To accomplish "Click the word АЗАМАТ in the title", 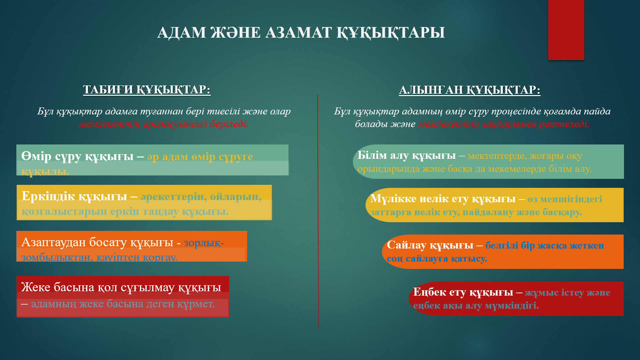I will point(298,33).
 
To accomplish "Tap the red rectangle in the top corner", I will point(566,30).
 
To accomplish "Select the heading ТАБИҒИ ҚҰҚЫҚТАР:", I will point(147,89).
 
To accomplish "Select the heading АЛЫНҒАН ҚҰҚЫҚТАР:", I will point(470,90).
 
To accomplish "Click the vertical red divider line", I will point(318,210).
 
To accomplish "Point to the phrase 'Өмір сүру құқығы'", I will point(77,156).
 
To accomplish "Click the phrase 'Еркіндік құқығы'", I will point(74,196).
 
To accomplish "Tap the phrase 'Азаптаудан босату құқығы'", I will point(97,242).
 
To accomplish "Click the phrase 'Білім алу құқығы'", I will point(406,155).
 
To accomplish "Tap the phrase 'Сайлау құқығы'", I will point(430,245).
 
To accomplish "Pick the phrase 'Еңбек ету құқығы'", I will point(463,292).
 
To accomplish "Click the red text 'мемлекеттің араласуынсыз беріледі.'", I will point(163,124).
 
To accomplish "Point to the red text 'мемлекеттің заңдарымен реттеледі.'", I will point(504,124).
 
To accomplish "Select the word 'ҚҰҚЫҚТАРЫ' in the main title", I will point(391,33).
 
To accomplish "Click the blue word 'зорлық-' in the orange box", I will point(204,243).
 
